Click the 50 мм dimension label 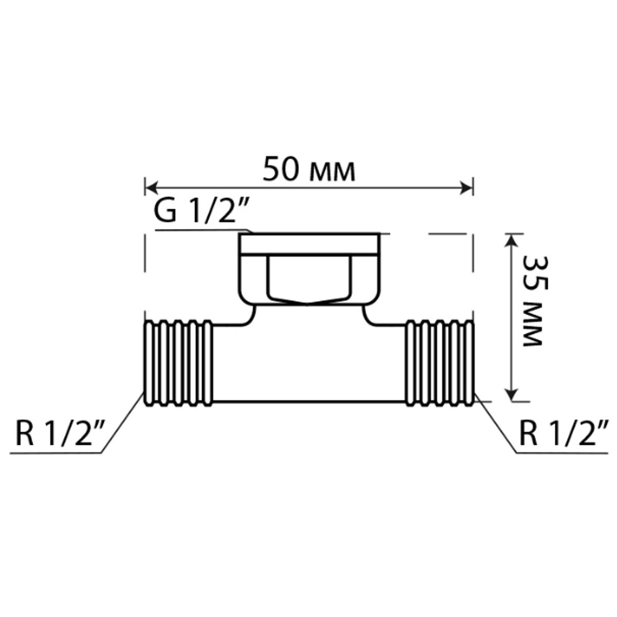point(308,169)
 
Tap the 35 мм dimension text point(533,301)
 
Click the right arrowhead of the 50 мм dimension point(466,188)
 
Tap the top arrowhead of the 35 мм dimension point(511,241)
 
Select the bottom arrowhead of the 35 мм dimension point(511,393)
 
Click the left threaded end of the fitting point(178,363)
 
